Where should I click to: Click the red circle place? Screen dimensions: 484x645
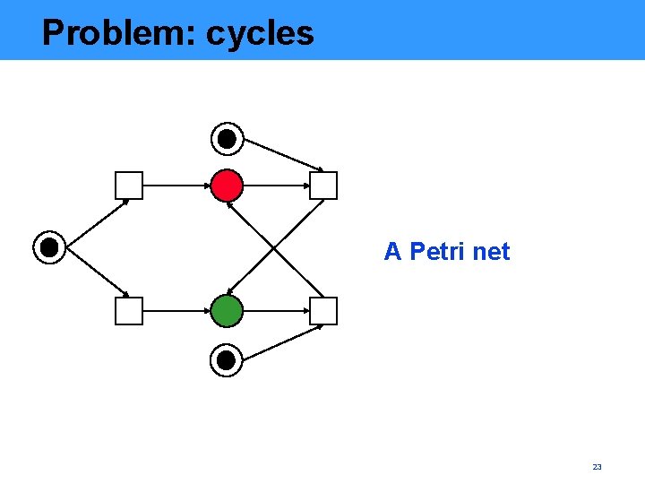tap(227, 186)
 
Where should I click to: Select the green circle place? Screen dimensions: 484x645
tap(227, 311)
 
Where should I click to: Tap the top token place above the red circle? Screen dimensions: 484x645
tap(227, 139)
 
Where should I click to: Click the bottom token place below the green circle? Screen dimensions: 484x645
tap(227, 360)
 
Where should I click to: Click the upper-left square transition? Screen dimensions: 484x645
tap(129, 186)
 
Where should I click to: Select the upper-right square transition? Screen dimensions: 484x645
tap(323, 186)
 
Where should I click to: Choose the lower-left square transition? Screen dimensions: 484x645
tap(129, 311)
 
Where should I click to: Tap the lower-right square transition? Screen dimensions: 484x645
tap(323, 311)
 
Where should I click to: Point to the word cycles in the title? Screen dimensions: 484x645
tap(260, 34)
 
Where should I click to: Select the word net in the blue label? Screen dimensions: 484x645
tap(491, 252)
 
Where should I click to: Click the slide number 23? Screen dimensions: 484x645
tap(598, 467)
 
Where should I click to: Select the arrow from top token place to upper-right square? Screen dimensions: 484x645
tap(283, 154)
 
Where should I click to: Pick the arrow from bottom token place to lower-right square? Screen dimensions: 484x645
tap(283, 343)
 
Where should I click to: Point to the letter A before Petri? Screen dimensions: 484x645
tap(392, 252)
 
